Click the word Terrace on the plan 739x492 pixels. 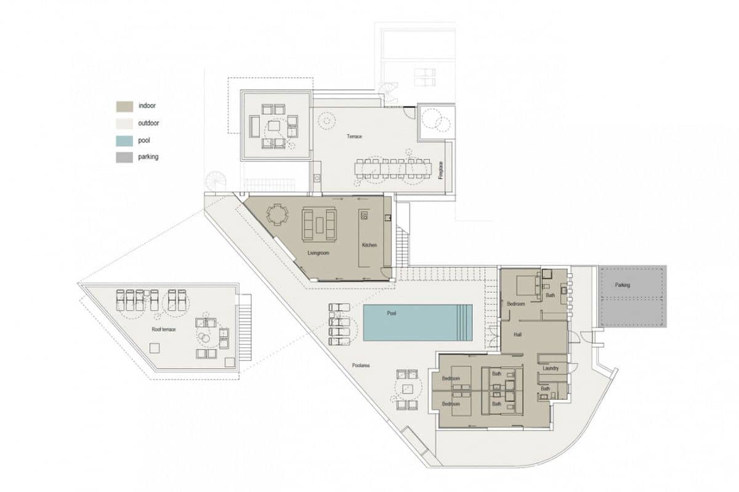pos(353,136)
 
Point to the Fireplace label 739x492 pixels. pos(440,170)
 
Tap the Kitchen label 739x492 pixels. pos(369,245)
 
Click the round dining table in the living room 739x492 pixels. pos(277,215)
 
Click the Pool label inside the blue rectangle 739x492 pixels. pos(391,313)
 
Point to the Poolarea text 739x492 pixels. pos(360,365)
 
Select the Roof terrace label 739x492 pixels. pos(164,329)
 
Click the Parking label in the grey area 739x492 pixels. pos(622,285)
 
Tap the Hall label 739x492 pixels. pos(518,335)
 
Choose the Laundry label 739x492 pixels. pos(551,368)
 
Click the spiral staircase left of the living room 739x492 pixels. pos(216,181)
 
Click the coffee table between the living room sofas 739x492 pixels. pos(319,224)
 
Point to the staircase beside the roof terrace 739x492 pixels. pos(245,327)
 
